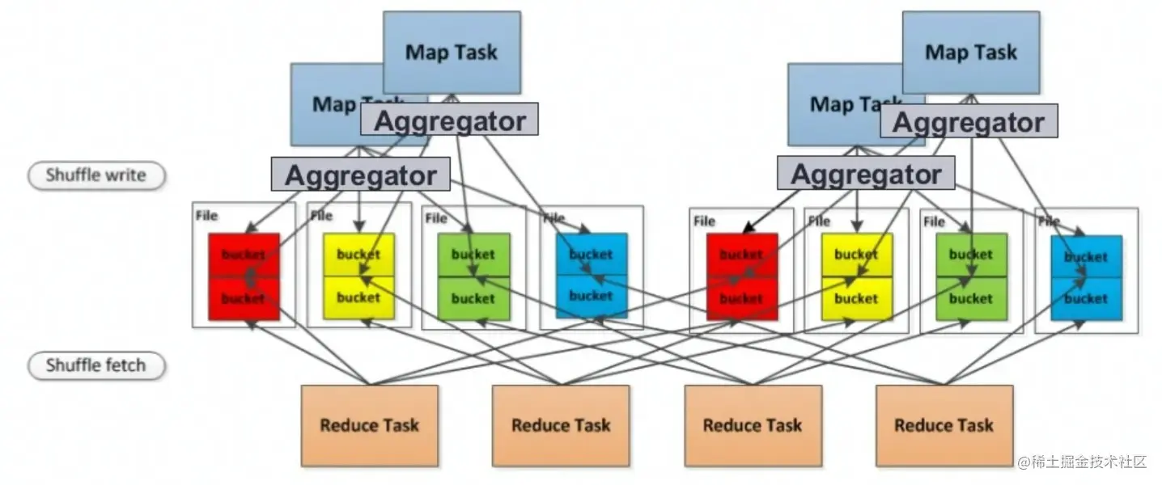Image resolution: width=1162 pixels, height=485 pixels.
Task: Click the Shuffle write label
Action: pos(96,175)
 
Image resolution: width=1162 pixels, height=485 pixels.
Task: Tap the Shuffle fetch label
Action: pos(96,365)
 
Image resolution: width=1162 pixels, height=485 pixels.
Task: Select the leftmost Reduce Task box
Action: pos(369,425)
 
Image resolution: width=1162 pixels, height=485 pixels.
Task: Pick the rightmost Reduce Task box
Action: pos(944,425)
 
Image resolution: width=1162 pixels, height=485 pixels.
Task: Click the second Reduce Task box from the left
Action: pos(561,425)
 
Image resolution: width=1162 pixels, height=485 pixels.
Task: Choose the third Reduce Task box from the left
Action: pos(753,425)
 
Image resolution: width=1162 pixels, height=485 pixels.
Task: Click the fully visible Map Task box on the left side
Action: pos(451,52)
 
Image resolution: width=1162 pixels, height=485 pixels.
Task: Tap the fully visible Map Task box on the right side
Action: pos(970,52)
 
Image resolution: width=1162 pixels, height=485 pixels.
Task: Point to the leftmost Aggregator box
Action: pos(360,175)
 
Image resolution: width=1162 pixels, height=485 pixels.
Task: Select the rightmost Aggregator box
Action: pos(969,123)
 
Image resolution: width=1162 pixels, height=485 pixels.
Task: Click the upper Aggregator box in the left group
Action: pos(449,120)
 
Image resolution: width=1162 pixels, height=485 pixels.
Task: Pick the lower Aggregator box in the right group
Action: pos(865,174)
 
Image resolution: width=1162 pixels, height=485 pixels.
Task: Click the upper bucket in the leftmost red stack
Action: pos(244,254)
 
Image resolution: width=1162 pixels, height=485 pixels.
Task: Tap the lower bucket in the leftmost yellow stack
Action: pos(358,297)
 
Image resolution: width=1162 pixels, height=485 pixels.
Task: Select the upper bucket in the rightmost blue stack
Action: pos(1086,256)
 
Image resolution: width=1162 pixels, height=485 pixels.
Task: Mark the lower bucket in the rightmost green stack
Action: pos(971,298)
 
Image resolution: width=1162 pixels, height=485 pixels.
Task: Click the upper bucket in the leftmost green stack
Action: pos(473,254)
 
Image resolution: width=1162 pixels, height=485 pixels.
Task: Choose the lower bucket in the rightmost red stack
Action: pos(741,298)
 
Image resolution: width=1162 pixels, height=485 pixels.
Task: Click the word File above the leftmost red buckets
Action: pos(206,217)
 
